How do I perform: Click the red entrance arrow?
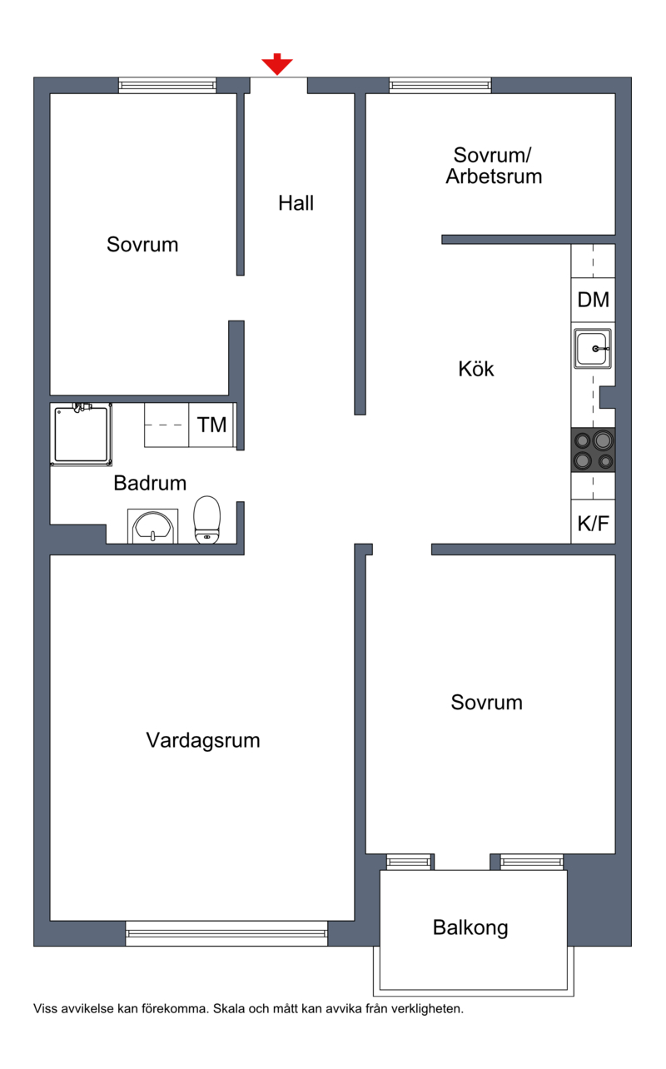click(x=276, y=64)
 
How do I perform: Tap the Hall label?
click(x=296, y=203)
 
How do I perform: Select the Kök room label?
click(x=475, y=369)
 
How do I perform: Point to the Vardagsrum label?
click(x=203, y=740)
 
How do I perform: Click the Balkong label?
click(x=470, y=927)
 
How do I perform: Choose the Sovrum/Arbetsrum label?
click(x=494, y=166)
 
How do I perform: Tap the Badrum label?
click(x=150, y=483)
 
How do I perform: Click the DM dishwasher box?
click(x=593, y=300)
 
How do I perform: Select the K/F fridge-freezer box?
click(x=593, y=522)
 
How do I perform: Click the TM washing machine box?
click(x=211, y=425)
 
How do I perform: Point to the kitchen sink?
click(x=593, y=348)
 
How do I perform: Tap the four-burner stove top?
click(x=593, y=450)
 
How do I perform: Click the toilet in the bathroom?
click(x=207, y=520)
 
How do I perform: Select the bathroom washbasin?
click(x=152, y=527)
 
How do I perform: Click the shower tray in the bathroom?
click(x=81, y=435)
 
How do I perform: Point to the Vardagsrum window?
click(x=226, y=933)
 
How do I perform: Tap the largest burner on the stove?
click(x=603, y=440)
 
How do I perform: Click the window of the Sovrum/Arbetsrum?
click(x=440, y=86)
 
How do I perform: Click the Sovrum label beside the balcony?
click(x=487, y=703)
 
